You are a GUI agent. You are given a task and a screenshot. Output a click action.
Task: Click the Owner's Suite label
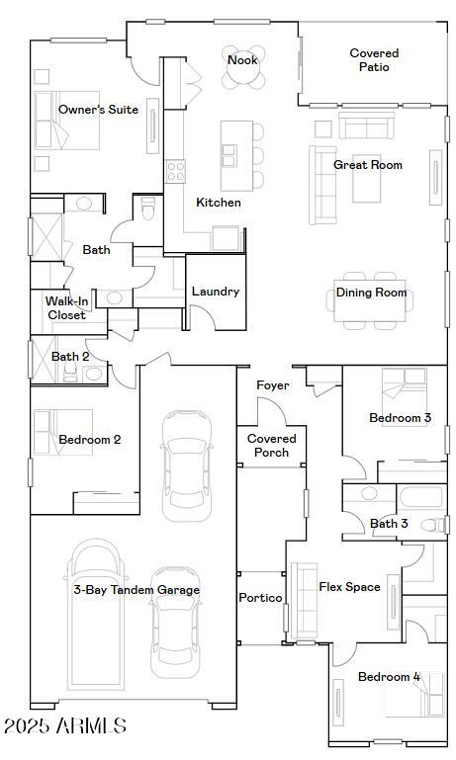click(x=98, y=110)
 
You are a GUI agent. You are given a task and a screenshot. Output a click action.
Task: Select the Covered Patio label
click(x=374, y=60)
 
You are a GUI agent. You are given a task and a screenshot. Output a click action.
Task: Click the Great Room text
click(x=368, y=165)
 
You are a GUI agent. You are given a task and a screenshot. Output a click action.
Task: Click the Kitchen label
click(x=219, y=203)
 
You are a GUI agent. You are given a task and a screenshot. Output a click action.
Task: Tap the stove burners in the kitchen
click(x=176, y=171)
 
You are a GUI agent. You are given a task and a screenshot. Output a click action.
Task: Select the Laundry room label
click(x=216, y=292)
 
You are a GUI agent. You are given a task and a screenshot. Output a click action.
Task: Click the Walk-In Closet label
click(x=66, y=307)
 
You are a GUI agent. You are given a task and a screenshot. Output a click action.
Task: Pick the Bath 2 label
click(x=70, y=357)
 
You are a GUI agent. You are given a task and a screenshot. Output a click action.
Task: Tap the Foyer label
click(x=272, y=385)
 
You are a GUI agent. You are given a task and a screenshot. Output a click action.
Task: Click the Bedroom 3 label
click(x=400, y=418)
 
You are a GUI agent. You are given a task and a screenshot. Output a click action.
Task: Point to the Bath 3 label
click(x=389, y=524)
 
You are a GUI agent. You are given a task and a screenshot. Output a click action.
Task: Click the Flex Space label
click(x=349, y=587)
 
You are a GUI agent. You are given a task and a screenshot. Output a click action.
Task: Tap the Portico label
click(x=261, y=598)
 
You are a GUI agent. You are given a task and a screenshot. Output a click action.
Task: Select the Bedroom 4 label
click(x=389, y=677)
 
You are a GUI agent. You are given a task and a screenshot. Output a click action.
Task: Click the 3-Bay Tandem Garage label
click(x=137, y=590)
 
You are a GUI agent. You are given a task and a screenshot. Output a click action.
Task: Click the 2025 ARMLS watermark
click(x=65, y=726)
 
